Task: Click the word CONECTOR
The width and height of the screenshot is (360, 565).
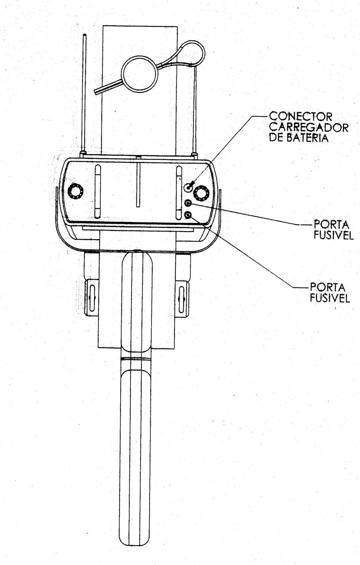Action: pos(301,116)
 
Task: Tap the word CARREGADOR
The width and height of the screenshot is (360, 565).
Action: pos(309,127)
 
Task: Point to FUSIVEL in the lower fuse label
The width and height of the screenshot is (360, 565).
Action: pos(330,298)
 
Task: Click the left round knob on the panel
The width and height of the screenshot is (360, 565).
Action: pos(75,192)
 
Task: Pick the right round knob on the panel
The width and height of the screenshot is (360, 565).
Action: pos(201,193)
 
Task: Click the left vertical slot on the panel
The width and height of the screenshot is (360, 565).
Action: pos(98,191)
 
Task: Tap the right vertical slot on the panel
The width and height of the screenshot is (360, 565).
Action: pos(179,192)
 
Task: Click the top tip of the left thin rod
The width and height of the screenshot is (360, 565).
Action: pos(84,35)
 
